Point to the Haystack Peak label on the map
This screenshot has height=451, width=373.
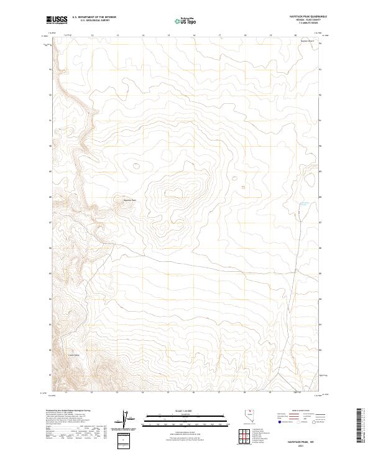pos(129,200)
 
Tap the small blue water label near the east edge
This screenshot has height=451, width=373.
pos(304,203)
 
